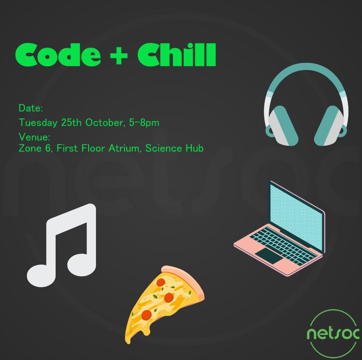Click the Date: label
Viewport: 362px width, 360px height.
coord(31,109)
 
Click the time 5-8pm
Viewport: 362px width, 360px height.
coord(145,123)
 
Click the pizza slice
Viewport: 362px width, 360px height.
coord(163,298)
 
